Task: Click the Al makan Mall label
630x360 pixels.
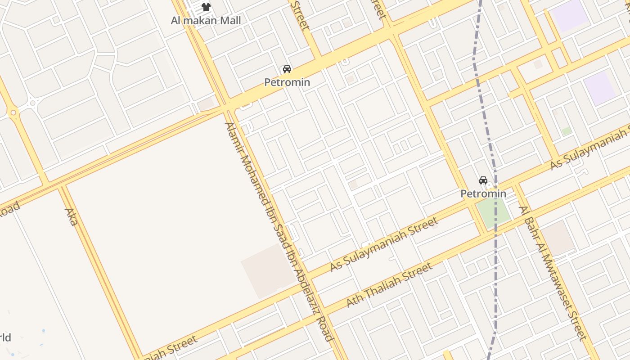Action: tap(206, 20)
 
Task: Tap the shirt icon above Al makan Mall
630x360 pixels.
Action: tap(206, 7)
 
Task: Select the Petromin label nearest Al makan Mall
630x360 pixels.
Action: tap(287, 82)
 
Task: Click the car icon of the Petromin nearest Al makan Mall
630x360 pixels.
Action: tap(287, 69)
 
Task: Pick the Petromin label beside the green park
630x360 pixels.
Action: tap(483, 193)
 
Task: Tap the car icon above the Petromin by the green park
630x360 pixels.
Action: tap(483, 180)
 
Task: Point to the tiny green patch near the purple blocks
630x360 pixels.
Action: tap(567, 131)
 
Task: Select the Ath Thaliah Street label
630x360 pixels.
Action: tap(390, 284)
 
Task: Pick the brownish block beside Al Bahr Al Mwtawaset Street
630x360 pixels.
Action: tap(558, 237)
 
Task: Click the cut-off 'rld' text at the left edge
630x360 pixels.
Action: tap(5, 337)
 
